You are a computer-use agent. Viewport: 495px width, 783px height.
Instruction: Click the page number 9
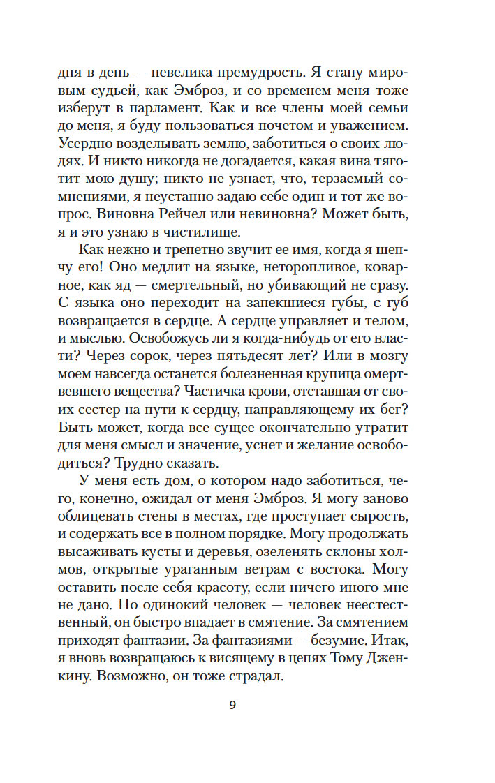click(232, 705)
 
